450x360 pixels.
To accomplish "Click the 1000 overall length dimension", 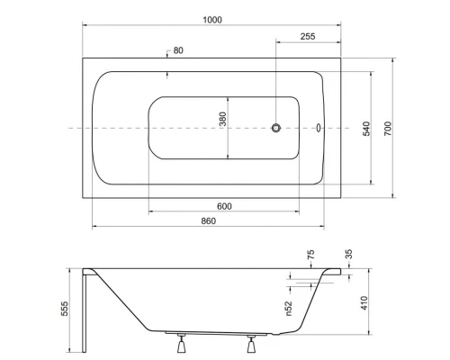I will point(211,20).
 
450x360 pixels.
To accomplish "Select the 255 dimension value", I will point(308,38).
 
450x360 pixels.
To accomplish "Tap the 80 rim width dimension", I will point(178,50).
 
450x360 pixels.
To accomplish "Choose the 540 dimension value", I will point(366,127).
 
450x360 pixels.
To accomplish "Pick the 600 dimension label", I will point(224,206).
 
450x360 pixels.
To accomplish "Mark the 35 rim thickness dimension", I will point(350,255).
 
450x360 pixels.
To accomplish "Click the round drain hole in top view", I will point(277,128).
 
